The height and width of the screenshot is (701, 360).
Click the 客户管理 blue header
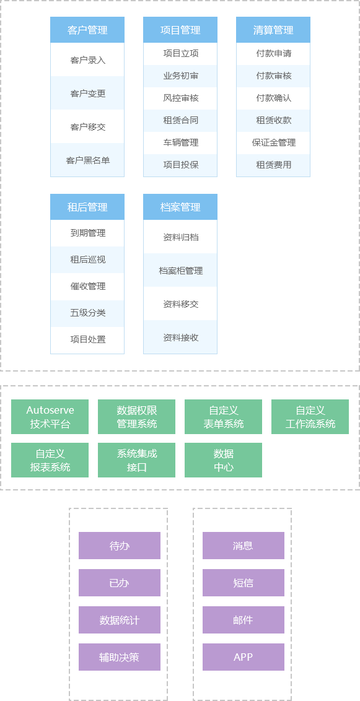coord(87,30)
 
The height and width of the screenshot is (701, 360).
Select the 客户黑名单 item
coord(87,160)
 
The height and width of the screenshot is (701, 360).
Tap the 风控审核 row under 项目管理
coord(180,98)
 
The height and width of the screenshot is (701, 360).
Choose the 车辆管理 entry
coord(180,143)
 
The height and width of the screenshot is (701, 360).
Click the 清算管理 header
coord(273,30)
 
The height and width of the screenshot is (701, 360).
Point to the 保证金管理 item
coord(273,143)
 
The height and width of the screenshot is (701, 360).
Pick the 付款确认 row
coord(273,98)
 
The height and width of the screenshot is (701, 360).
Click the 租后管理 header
coord(87,207)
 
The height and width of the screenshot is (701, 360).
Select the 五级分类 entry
coord(87,313)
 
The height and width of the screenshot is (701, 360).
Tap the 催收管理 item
coord(87,287)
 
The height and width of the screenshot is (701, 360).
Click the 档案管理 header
coord(180,207)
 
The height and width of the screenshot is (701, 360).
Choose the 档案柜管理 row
coord(180,271)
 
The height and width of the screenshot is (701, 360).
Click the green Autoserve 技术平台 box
coord(50,417)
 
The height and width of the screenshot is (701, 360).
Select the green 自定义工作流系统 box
coord(310,417)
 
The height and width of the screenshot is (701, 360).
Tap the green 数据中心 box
coord(223,460)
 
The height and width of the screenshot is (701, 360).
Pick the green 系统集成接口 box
coord(136,460)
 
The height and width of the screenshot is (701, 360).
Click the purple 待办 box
coord(120,546)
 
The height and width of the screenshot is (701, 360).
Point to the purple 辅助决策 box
coord(120,657)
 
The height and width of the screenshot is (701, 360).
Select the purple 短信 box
coord(244,583)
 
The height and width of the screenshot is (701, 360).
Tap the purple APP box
coord(244,657)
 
